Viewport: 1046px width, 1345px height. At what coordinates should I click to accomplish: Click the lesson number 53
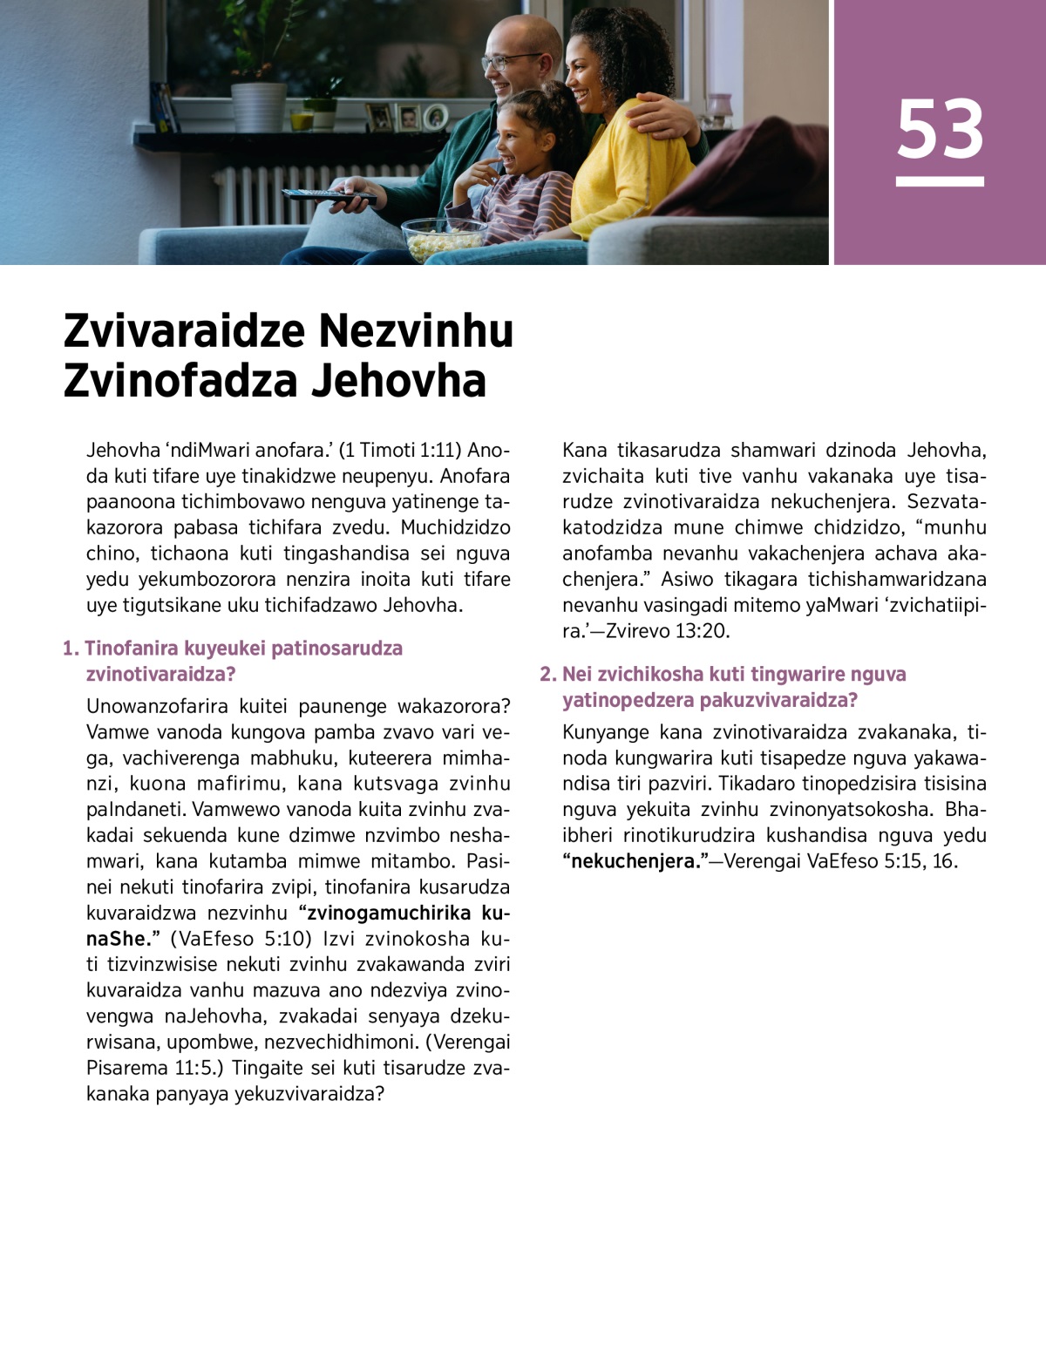(x=940, y=129)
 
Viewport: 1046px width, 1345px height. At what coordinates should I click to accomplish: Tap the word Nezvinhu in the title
(x=415, y=332)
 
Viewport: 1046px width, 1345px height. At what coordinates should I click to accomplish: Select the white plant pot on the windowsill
(x=258, y=106)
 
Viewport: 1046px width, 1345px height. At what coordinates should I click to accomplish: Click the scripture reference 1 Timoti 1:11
(x=398, y=451)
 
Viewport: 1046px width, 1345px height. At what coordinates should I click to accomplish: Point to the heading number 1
(x=70, y=649)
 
